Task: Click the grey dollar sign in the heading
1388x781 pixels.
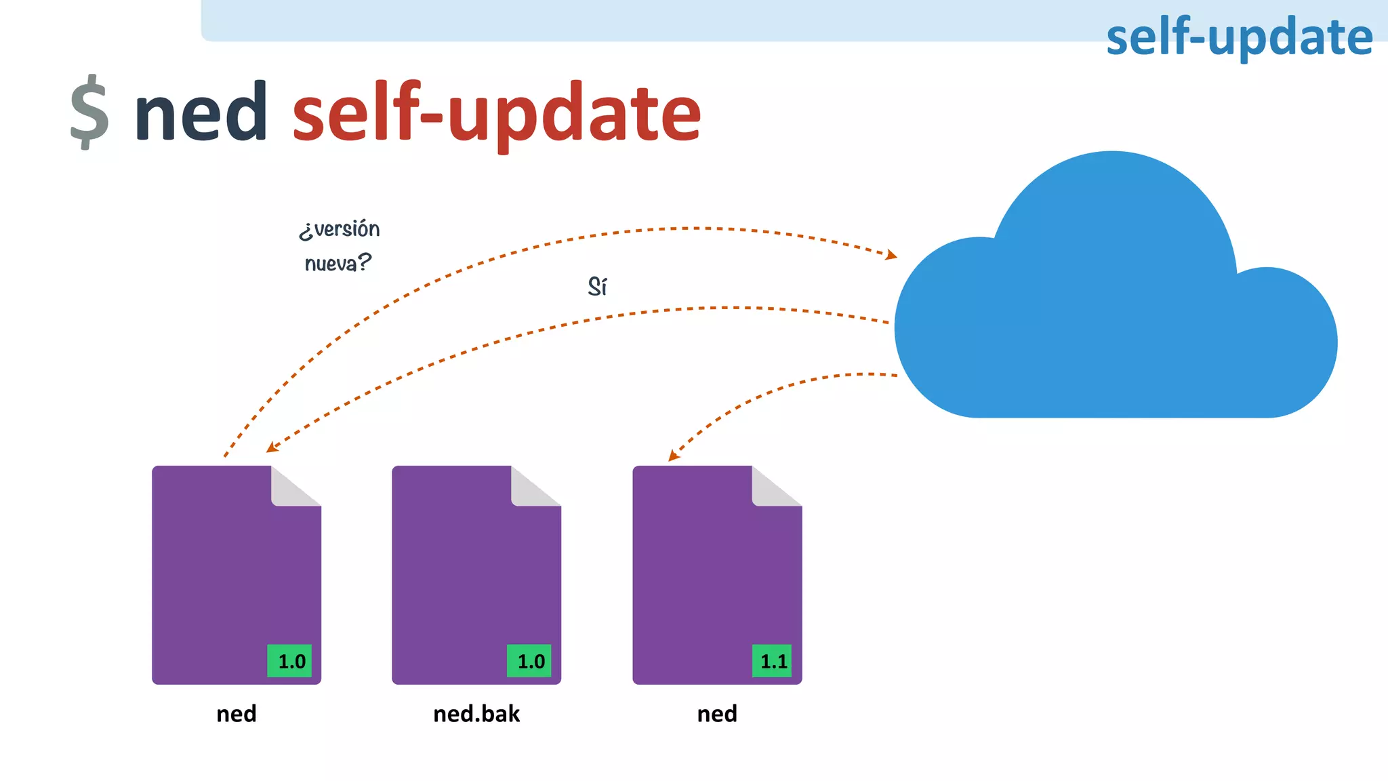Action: [89, 112]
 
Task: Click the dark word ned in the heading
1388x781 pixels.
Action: [201, 112]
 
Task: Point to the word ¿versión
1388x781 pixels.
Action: [340, 229]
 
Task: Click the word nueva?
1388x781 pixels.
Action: [338, 262]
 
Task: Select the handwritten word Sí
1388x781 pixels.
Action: [597, 287]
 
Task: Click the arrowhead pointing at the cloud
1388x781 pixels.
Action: [892, 256]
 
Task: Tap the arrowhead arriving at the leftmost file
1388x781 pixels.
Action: [271, 447]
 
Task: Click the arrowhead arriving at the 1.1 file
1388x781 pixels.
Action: [673, 456]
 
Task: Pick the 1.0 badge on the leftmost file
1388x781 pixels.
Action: [290, 661]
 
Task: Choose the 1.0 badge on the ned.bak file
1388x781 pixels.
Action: [529, 661]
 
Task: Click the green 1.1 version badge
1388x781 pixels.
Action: [772, 661]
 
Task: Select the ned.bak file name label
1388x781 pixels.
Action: [476, 714]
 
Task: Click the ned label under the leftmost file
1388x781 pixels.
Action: [236, 714]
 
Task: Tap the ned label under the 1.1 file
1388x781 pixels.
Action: [716, 714]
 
